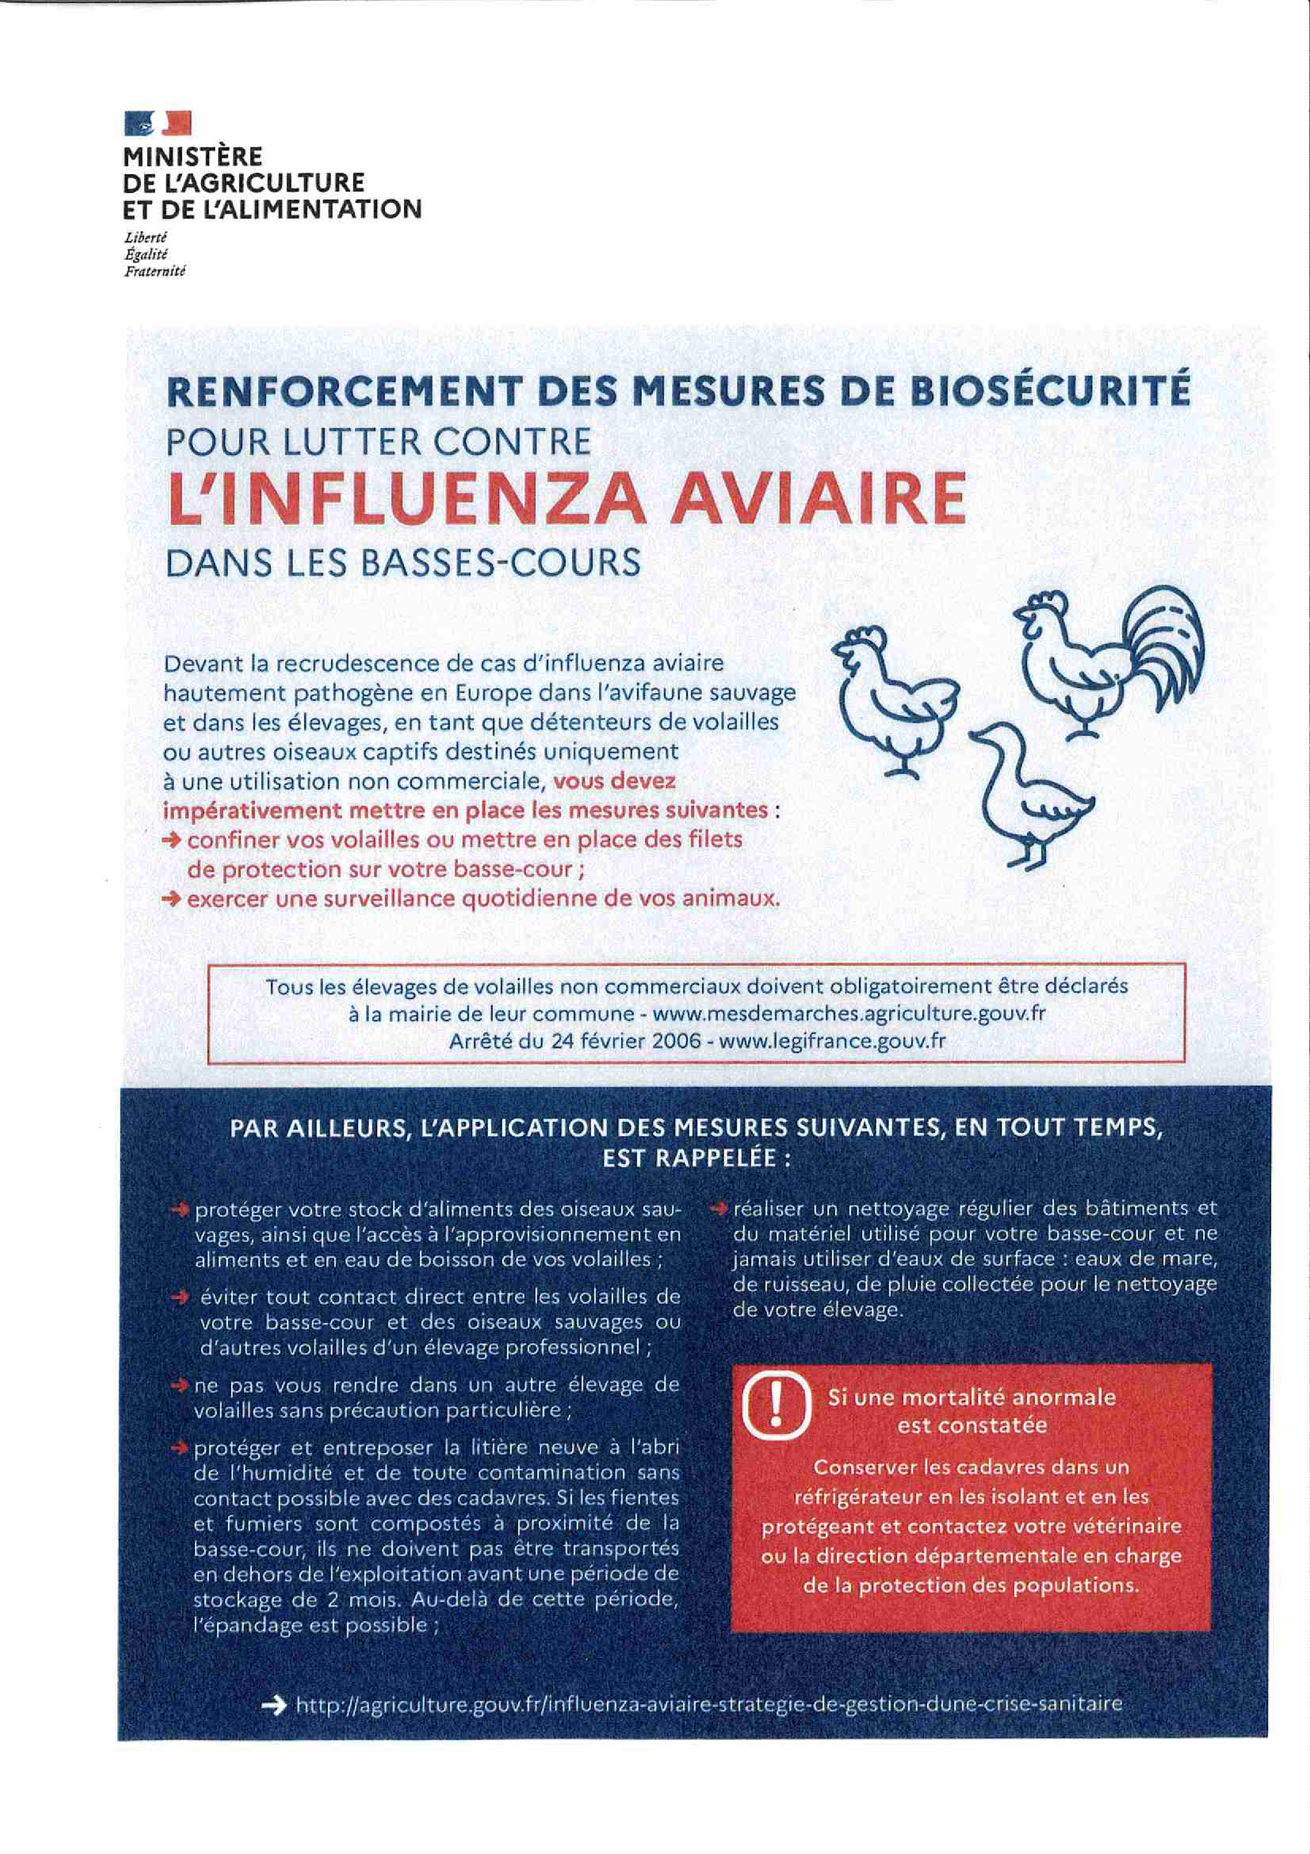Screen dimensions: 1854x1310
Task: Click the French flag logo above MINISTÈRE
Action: click(158, 124)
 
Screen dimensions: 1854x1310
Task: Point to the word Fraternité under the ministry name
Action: click(154, 272)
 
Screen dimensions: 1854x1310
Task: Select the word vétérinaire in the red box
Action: click(1120, 1526)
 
